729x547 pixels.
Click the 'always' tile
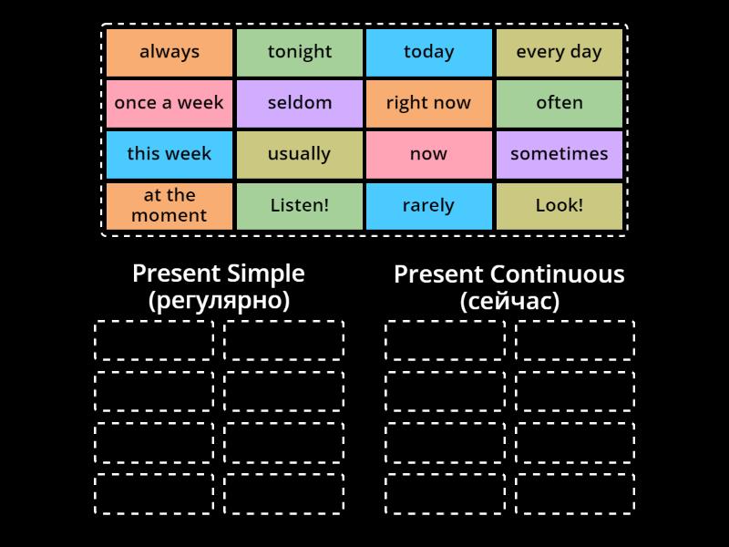[x=169, y=52]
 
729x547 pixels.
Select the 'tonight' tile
[x=300, y=52]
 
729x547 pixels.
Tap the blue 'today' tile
[x=429, y=52]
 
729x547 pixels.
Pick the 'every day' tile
[x=560, y=52]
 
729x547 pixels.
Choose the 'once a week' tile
[x=169, y=103]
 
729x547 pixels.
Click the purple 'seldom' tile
[x=300, y=103]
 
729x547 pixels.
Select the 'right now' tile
[x=429, y=103]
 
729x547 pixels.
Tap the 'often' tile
[x=560, y=103]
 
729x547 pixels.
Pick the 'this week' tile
[x=169, y=154]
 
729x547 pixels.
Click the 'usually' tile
[x=300, y=154]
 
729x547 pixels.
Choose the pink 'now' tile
[x=429, y=154]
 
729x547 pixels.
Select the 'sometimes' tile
[x=560, y=154]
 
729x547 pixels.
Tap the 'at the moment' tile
[x=169, y=205]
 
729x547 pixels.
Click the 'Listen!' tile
[x=300, y=205]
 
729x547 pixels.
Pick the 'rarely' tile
[x=429, y=205]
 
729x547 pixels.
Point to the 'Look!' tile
[x=560, y=205]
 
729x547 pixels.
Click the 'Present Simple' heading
[x=219, y=273]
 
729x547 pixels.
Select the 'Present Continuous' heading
[x=509, y=274]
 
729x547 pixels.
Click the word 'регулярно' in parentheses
[x=219, y=301]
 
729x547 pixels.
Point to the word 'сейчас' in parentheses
[x=509, y=301]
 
